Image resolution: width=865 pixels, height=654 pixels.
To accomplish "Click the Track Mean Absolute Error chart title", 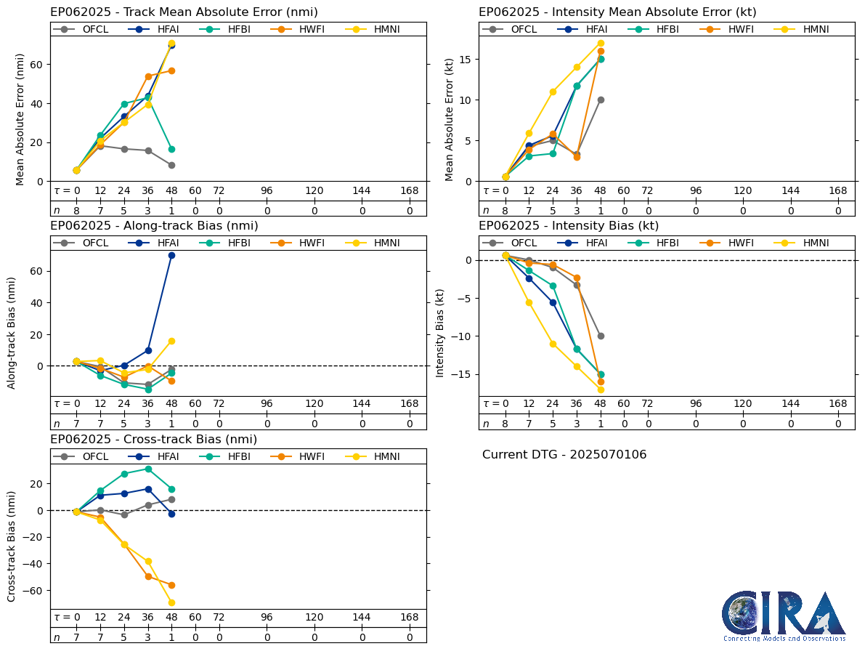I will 184,12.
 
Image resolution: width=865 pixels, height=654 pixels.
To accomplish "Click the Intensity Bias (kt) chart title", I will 569,226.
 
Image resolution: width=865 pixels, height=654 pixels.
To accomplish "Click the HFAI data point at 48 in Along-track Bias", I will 171,255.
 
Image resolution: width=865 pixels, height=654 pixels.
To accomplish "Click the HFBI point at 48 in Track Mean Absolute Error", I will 171,149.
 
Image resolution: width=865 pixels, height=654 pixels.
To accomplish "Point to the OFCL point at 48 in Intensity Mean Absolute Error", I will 601,100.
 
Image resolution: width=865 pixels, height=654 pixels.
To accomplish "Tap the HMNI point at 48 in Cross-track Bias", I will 171,602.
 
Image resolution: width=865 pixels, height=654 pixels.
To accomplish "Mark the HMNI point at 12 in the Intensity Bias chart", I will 529,302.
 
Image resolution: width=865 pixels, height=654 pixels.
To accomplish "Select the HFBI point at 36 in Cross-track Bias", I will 148,469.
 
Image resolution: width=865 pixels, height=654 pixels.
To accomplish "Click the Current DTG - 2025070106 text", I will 564,455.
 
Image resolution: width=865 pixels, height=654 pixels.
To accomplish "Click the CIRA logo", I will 784,616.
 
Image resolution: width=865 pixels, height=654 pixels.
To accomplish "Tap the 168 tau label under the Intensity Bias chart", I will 838,404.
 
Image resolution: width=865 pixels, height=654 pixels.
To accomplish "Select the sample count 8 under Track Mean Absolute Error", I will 76,211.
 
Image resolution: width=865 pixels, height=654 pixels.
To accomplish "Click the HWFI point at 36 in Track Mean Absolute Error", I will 148,76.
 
